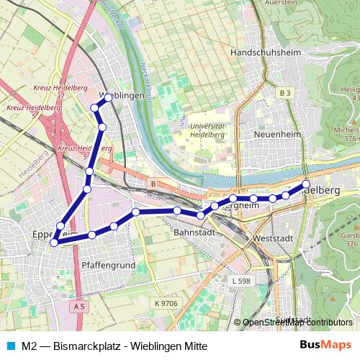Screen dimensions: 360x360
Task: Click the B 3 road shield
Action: point(286,93)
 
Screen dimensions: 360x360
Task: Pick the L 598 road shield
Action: point(240,281)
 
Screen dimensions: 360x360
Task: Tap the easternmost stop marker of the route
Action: point(307,184)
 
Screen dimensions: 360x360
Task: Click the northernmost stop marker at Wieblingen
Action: point(109,96)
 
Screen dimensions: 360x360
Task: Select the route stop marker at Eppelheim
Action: point(53,243)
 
